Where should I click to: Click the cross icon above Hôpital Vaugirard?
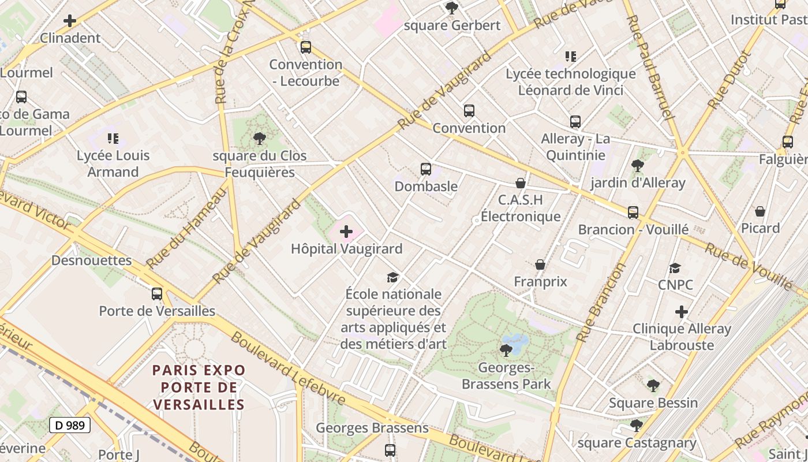pos(346,232)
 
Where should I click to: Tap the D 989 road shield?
pos(70,426)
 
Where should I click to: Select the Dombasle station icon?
pos(426,169)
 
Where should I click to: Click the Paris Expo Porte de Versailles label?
pos(199,387)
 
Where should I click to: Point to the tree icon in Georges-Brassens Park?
pos(506,350)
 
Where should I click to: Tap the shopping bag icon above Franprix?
pos(540,264)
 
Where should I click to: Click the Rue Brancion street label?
pos(601,303)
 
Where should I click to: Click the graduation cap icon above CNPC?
pos(675,268)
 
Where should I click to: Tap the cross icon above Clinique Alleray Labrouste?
pos(682,312)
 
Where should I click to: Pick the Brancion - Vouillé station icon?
pos(633,213)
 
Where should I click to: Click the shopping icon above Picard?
pos(760,211)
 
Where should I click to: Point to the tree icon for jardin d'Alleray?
pos(637,166)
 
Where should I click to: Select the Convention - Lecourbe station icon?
pos(306,47)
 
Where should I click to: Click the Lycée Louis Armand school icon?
pos(113,139)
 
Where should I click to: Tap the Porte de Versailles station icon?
pos(156,294)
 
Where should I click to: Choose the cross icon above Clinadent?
pos(70,21)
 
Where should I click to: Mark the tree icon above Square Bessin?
pos(653,385)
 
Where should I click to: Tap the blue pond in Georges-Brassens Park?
pos(515,342)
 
